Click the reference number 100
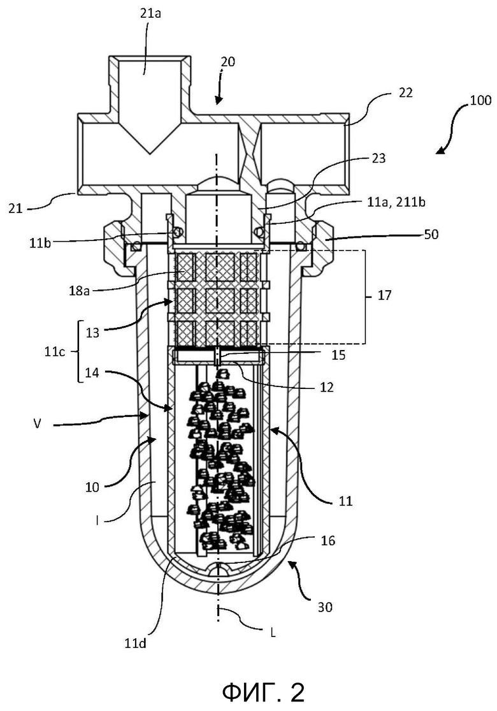480,99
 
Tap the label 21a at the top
150,13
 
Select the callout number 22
405,92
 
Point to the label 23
378,158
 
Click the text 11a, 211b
396,202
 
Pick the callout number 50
431,235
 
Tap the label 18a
79,290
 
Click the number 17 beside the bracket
384,296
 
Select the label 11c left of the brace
55,351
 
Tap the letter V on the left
38,425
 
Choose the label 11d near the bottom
136,643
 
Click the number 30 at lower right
324,607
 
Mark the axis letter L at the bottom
273,633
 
